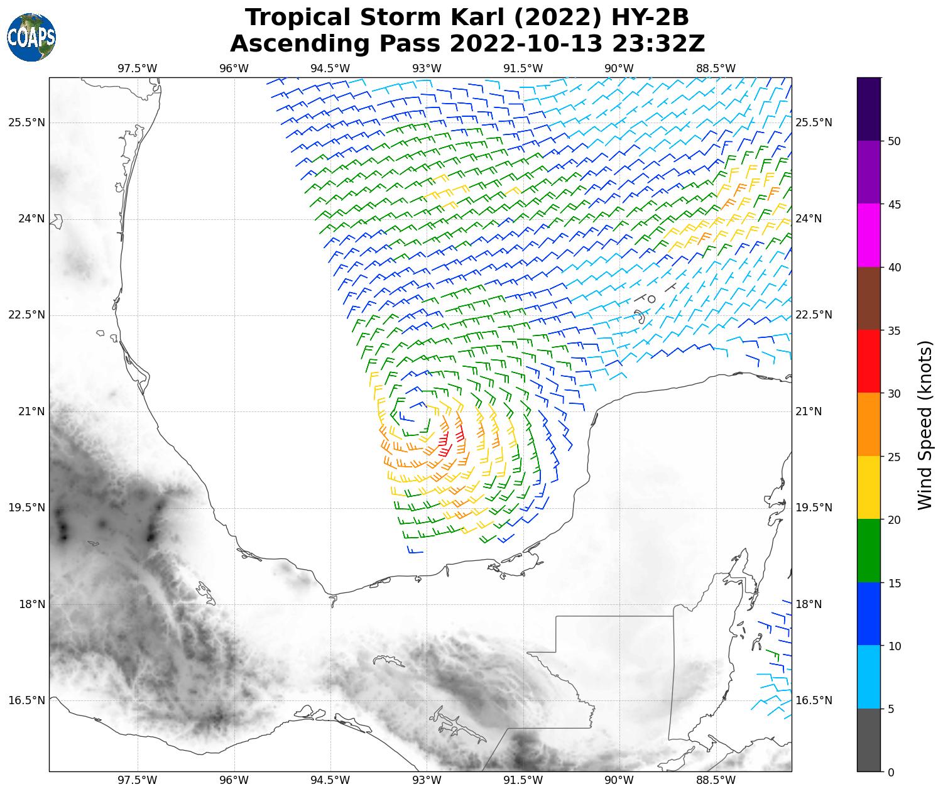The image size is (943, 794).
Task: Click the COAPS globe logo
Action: (31, 37)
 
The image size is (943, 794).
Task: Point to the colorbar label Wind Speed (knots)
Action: (925, 425)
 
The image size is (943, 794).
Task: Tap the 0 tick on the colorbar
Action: (891, 772)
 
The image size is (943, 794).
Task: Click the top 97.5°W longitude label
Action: (138, 68)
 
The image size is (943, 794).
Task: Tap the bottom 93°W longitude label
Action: (427, 780)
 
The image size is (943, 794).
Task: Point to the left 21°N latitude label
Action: (26, 411)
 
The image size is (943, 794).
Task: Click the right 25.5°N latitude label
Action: (814, 122)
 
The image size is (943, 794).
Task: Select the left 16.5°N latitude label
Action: (26, 700)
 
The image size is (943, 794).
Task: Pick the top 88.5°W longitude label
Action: (716, 68)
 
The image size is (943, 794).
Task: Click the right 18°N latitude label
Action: (809, 604)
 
